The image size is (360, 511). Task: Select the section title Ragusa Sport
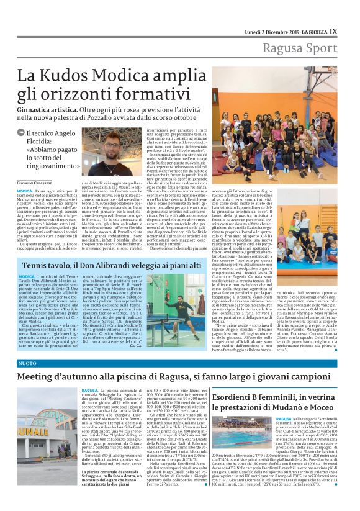pos(300,48)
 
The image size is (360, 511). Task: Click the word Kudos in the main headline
pos(79,77)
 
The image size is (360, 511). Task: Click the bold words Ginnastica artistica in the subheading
pos(53,108)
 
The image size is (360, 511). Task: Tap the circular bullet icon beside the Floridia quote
pos(21,133)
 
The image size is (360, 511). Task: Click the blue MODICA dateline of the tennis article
pos(27,274)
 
